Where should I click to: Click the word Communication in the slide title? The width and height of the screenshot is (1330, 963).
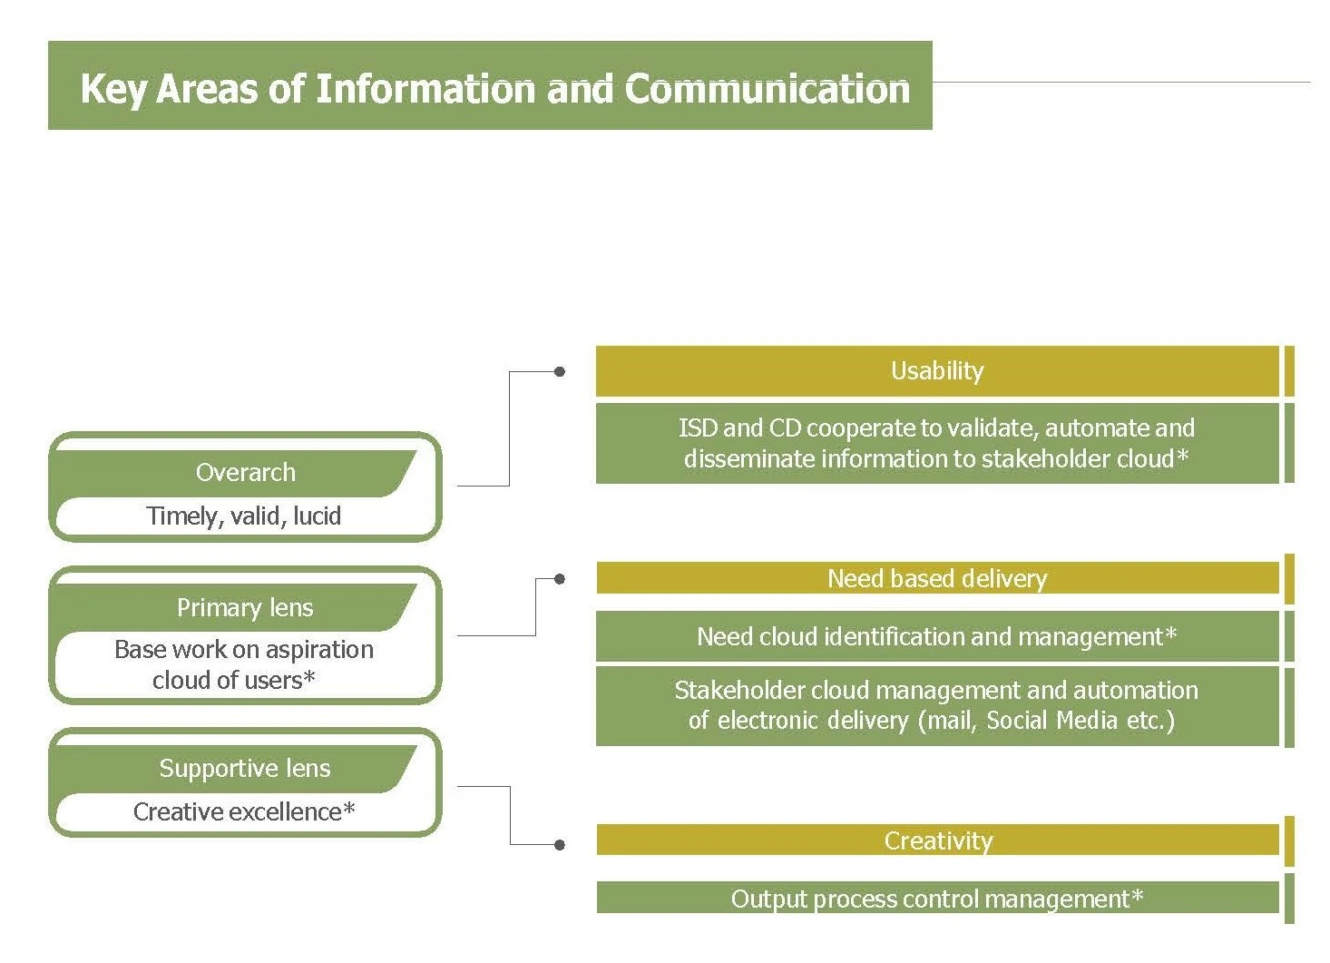tap(767, 89)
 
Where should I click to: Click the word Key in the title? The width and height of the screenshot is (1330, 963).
tap(112, 90)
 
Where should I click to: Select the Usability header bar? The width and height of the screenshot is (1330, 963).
tap(937, 371)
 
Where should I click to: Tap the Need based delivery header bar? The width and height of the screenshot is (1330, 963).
tap(937, 578)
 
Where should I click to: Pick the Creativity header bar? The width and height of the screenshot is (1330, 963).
tap(937, 840)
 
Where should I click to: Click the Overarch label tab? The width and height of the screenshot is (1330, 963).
tap(245, 472)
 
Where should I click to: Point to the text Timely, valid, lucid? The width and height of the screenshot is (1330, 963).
tap(243, 516)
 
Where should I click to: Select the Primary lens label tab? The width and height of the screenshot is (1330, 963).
tap(245, 607)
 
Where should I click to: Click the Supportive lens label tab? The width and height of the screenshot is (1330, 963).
tap(245, 768)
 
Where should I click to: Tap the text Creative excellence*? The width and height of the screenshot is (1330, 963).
tap(243, 811)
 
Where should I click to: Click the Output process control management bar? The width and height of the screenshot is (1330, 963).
tap(937, 899)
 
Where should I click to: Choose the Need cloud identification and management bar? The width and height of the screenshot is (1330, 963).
tap(937, 636)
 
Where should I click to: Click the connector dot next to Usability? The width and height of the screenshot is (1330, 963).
tap(560, 371)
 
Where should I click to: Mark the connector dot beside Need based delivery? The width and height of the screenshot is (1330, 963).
tap(560, 578)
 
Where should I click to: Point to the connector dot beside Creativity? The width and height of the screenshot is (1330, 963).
tap(560, 844)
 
